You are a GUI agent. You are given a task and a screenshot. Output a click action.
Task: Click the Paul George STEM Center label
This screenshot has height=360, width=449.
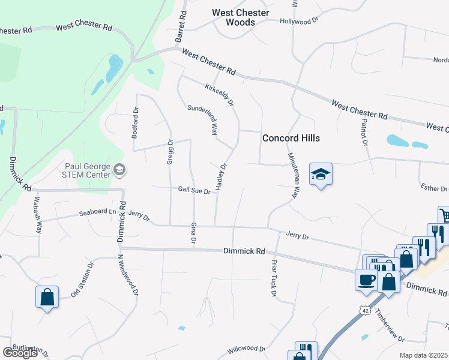[87, 170]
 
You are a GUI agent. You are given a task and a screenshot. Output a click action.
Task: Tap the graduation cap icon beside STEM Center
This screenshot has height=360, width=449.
[119, 170]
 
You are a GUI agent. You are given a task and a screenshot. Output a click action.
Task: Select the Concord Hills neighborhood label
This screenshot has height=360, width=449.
[291, 138]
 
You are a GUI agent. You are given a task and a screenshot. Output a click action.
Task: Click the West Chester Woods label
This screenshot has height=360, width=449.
[240, 17]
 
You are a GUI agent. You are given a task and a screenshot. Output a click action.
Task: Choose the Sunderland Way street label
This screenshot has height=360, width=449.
[203, 119]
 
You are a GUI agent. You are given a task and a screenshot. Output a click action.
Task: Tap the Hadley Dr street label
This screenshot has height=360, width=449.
[220, 177]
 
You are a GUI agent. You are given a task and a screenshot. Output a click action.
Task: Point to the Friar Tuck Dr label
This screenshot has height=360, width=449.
[271, 280]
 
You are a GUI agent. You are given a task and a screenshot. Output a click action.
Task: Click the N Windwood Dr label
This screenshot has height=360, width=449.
[128, 275]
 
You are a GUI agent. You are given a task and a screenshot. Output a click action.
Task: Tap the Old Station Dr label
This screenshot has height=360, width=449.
[82, 280]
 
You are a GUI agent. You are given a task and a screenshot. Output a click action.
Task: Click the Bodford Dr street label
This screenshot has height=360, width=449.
[136, 123]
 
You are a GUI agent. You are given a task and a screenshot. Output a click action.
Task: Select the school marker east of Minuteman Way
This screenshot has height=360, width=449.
[321, 175]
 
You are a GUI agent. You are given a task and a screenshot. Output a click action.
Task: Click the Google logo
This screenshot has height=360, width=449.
[20, 353]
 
